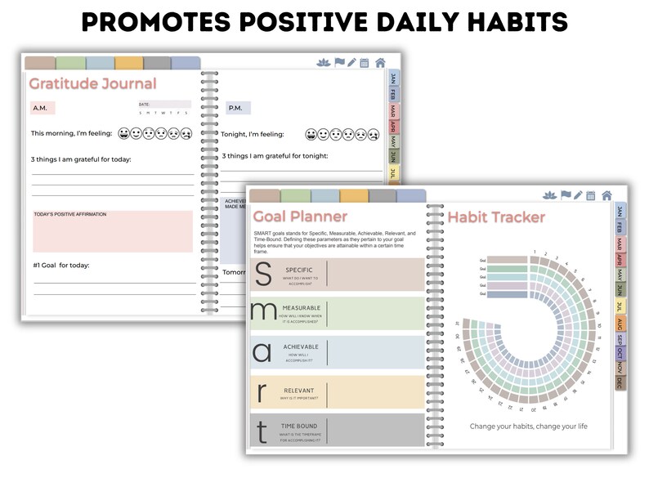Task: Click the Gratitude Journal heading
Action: coord(92,83)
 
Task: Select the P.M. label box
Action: coord(238,108)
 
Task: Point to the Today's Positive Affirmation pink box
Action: coord(113,231)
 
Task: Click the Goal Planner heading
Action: coord(300,217)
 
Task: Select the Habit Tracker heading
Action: coord(496,217)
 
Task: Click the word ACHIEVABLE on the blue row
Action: coord(301,346)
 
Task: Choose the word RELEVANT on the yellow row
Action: coord(299,391)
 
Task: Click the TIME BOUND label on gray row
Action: coord(300,426)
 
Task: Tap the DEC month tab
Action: coord(620,382)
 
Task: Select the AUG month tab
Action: coord(620,324)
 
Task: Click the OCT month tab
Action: coord(620,353)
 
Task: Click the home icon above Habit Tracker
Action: coord(606,195)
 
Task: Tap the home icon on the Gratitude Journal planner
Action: coord(380,63)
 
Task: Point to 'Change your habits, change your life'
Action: coord(528,426)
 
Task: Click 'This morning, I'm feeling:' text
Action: coord(72,133)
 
